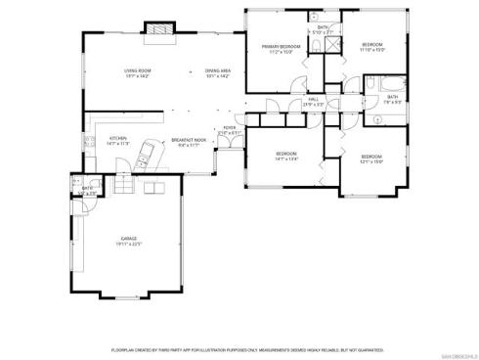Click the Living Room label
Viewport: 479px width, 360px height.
(136, 73)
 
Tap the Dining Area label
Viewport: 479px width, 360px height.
(217, 73)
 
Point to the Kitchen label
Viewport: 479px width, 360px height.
(118, 140)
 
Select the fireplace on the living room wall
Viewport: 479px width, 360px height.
(156, 30)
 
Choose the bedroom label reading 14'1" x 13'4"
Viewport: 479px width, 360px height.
(285, 156)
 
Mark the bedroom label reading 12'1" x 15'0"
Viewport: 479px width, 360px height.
(371, 159)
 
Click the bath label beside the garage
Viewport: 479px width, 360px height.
(88, 190)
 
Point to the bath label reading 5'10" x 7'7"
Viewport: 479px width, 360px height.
(324, 30)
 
